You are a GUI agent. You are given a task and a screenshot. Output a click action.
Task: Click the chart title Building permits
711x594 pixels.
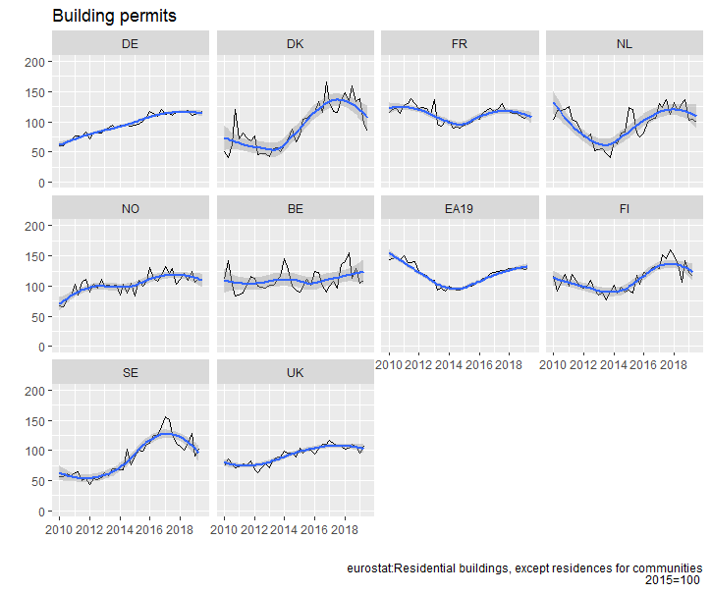pos(114,16)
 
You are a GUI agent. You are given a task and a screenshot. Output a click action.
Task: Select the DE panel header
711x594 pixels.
pos(131,44)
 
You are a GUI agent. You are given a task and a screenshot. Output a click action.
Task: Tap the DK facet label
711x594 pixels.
pos(296,44)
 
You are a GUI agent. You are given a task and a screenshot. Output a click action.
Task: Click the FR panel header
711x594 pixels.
pos(460,44)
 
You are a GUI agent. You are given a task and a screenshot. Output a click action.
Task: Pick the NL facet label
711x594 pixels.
pos(625,44)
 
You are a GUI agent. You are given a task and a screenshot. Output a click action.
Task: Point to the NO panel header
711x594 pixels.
pos(131,208)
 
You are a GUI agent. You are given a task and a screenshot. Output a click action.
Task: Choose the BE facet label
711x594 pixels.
pos(296,208)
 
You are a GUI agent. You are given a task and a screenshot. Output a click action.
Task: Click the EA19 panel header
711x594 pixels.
pos(459,208)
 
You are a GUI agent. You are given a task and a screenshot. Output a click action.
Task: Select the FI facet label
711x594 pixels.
pos(625,208)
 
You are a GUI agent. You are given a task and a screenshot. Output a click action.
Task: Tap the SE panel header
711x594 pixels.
pos(131,373)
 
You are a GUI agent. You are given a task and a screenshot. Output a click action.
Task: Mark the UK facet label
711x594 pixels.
pos(296,373)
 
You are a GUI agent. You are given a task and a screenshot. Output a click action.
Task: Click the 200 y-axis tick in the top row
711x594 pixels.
pos(35,62)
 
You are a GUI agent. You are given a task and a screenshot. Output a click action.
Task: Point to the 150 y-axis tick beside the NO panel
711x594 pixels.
pos(35,256)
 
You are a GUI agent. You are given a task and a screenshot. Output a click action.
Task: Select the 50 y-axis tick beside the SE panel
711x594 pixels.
pos(38,481)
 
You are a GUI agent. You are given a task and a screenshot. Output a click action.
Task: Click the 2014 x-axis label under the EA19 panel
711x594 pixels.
pos(449,365)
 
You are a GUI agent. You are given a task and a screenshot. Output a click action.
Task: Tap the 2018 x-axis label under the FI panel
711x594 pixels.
pos(674,365)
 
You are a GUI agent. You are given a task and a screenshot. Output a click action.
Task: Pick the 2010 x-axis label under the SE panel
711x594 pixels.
pos(59,529)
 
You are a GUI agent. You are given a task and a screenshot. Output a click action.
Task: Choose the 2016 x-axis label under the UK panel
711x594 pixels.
pos(314,529)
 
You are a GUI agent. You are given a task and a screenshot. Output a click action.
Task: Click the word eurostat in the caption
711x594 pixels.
pos(369,568)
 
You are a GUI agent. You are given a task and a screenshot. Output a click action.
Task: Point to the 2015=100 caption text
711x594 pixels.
pos(674,580)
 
